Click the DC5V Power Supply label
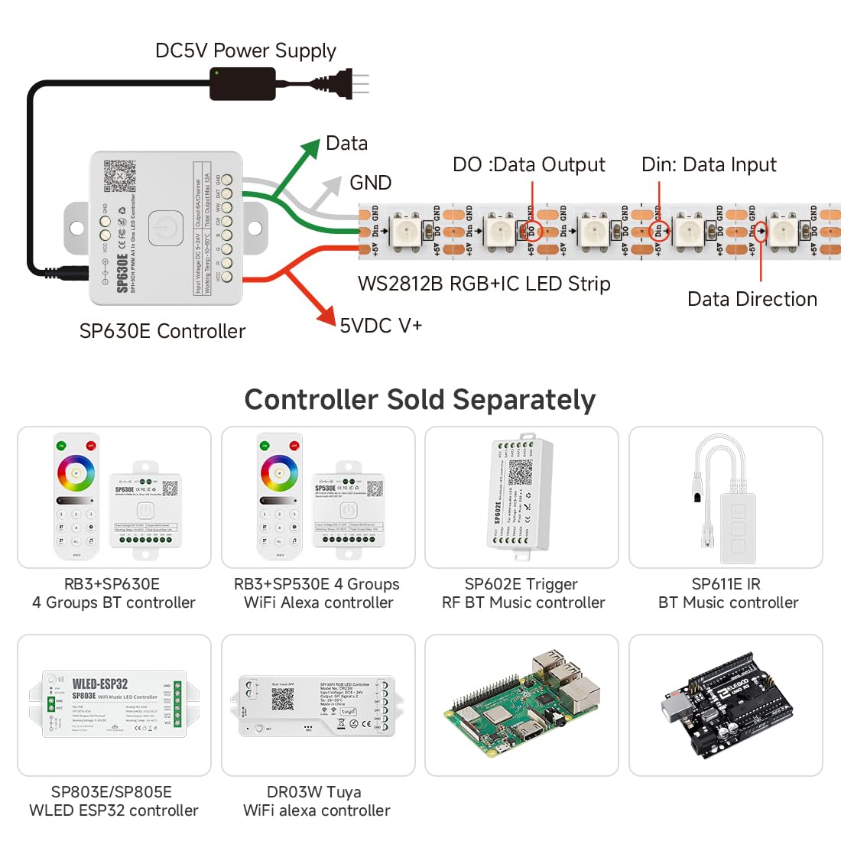245,50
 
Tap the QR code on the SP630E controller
119,176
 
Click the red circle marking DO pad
532,229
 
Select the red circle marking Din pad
658,229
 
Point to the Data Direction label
752,299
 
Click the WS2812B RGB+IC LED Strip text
484,284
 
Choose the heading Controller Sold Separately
420,400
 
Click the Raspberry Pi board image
521,705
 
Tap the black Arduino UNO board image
726,705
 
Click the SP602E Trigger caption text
521,584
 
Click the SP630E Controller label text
162,331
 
